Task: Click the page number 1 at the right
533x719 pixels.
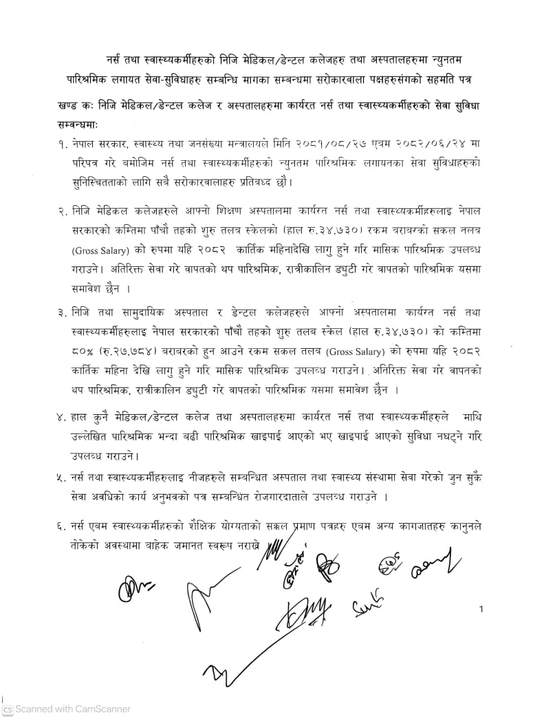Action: click(x=482, y=609)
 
